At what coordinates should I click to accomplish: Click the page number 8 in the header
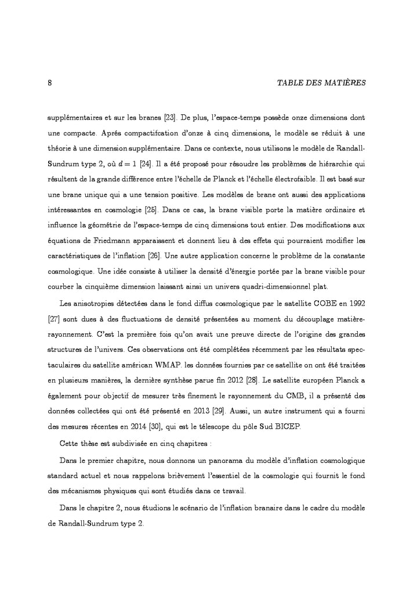[50, 83]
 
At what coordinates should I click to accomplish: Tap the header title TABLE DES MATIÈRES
[322, 83]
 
